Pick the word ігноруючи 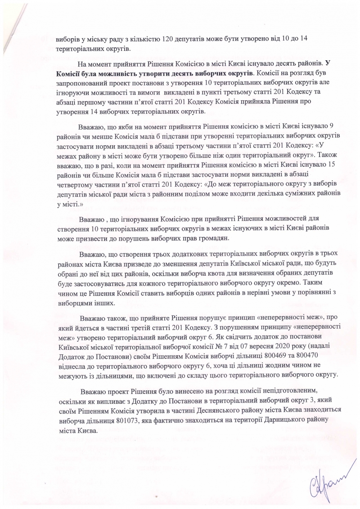[72, 92]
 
